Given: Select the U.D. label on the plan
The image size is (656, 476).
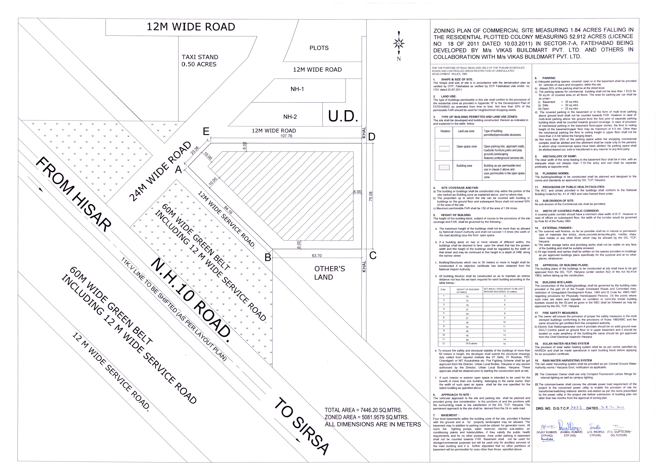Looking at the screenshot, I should point(343,116).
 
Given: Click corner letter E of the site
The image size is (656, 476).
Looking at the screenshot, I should point(206,132).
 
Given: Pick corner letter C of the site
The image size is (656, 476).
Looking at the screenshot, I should point(373,256).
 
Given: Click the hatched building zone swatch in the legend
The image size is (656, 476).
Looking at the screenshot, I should point(444,167).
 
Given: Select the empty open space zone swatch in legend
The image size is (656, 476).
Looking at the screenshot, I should point(444,149).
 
